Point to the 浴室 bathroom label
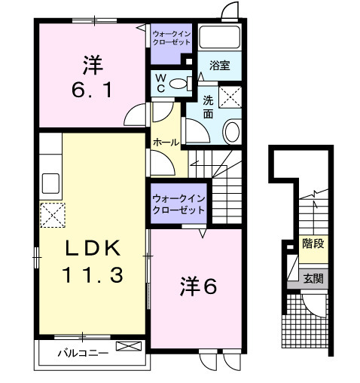220,66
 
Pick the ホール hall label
166,142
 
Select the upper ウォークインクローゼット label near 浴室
172,38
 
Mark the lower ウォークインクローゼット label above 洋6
178,204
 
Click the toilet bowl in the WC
180,84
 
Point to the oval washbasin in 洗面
232,131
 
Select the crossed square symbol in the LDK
53,216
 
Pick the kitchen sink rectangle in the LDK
50,183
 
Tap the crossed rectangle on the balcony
130,348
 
